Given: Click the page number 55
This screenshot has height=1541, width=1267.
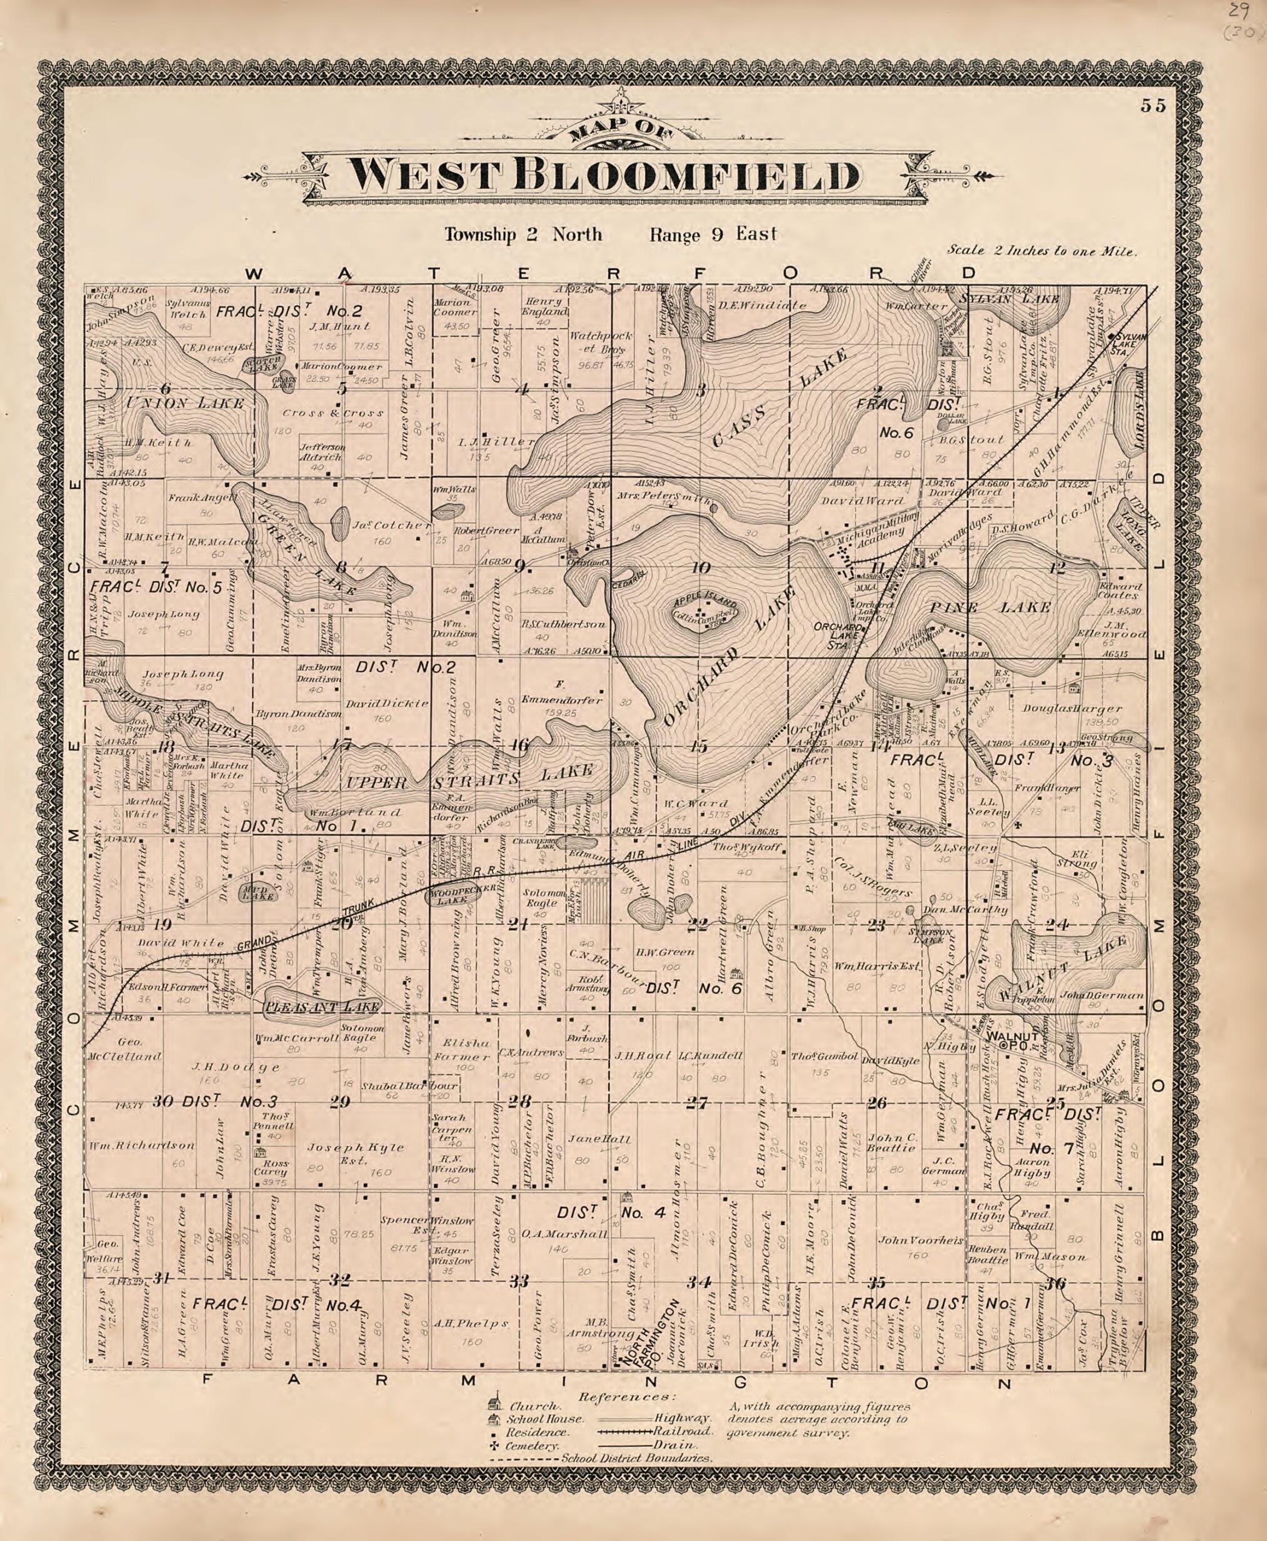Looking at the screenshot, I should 1154,105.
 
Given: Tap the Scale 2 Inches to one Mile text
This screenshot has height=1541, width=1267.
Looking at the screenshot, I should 1042,251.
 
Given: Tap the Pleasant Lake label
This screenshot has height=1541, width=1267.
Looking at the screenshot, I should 322,1007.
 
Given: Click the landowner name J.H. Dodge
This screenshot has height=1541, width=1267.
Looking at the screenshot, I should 235,1067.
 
